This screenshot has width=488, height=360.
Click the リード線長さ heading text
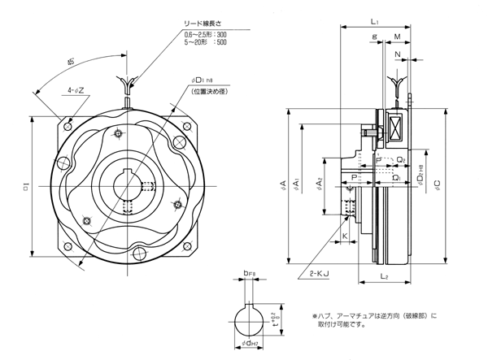pos(211,24)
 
